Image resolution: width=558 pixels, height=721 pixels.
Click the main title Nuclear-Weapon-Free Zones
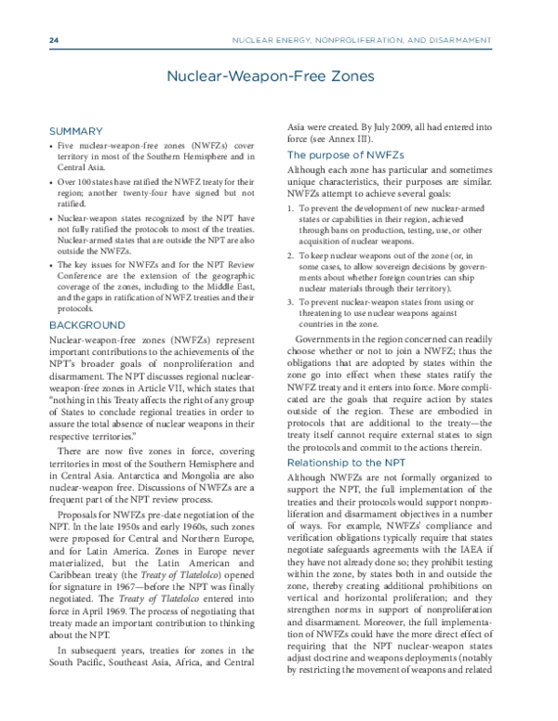[278, 80]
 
